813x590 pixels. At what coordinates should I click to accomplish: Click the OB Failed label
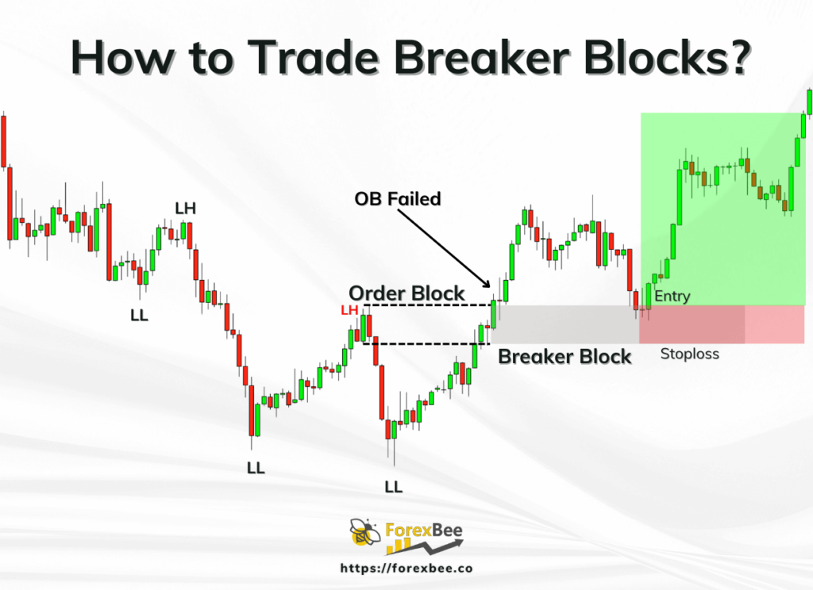(x=397, y=198)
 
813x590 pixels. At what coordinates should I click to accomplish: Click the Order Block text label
(x=406, y=293)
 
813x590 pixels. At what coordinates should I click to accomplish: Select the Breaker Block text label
(x=564, y=356)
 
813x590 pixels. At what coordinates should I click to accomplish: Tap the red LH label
(x=349, y=310)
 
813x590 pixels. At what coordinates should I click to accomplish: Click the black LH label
(x=186, y=209)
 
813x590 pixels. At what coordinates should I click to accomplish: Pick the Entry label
(x=672, y=297)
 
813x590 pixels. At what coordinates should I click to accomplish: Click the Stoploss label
(x=689, y=354)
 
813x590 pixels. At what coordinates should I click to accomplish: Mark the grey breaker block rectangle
(x=564, y=324)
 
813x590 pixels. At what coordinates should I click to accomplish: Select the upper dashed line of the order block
(x=429, y=305)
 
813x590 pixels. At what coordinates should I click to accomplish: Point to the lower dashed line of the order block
(x=421, y=343)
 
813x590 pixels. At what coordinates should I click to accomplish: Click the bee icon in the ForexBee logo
(x=364, y=535)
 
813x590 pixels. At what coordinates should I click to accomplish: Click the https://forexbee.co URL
(x=406, y=569)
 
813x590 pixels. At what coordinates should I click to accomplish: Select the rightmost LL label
(x=394, y=486)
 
